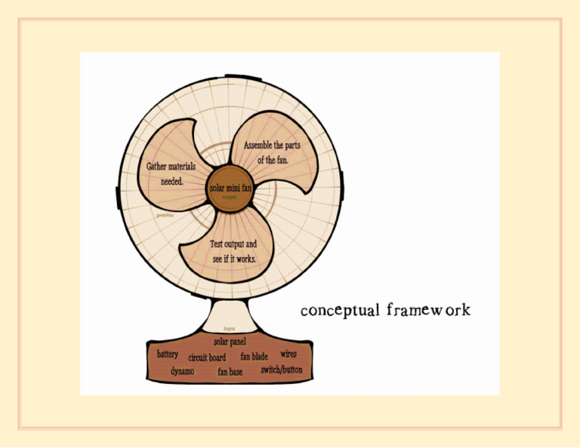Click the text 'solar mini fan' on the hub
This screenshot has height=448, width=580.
tap(230, 188)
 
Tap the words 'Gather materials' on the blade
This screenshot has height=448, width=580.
tap(171, 166)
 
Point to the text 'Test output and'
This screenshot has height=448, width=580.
tap(233, 244)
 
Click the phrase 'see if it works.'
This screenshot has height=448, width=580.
tap(233, 259)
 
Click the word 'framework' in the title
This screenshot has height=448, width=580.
tap(428, 310)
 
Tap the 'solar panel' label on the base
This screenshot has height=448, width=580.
tap(230, 342)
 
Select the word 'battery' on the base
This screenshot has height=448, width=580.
tap(168, 354)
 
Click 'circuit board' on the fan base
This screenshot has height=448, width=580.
tap(207, 357)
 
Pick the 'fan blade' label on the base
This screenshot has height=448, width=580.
tap(255, 356)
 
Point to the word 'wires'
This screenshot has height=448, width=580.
tap(288, 353)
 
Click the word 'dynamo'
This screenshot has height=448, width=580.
tap(182, 371)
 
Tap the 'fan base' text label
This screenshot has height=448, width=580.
tap(230, 372)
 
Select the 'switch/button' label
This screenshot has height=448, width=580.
tap(282, 370)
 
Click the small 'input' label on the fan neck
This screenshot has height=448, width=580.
tap(230, 330)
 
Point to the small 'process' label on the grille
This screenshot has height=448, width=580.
tap(165, 215)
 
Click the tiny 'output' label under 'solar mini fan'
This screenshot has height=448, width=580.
tap(230, 197)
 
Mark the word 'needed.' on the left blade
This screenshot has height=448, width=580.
tap(171, 182)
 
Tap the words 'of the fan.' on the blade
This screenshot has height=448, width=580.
tap(273, 160)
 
